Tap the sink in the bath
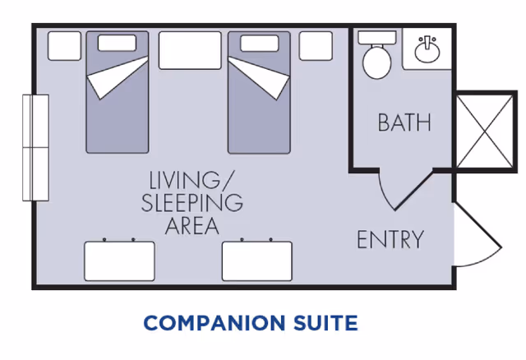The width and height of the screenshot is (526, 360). (427, 52)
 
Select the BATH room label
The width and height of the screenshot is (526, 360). (404, 122)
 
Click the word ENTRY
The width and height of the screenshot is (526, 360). (390, 240)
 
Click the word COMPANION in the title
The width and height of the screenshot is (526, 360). (210, 322)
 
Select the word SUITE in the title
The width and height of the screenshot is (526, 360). (322, 322)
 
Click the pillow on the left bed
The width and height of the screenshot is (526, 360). (117, 42)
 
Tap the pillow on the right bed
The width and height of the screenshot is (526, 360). (258, 42)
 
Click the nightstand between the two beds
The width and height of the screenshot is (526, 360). (189, 50)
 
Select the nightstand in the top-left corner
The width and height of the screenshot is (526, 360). (64, 46)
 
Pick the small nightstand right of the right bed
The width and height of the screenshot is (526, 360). (316, 46)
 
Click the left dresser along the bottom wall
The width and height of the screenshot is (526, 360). (119, 261)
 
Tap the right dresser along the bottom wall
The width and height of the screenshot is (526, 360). (257, 261)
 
